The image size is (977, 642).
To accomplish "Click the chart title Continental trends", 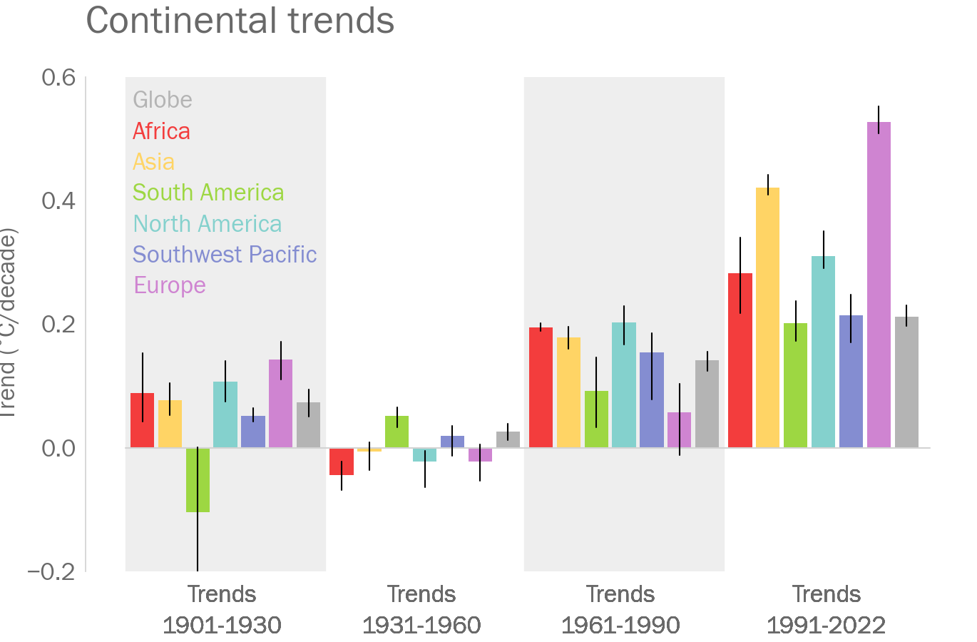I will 240,21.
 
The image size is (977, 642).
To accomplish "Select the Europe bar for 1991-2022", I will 879,285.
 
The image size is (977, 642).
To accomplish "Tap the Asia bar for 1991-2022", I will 767,317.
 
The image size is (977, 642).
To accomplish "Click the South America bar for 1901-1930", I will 198,479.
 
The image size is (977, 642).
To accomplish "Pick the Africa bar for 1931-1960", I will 342,461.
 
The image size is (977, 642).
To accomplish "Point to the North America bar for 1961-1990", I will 624,385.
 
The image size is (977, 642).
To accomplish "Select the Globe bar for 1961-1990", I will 707,404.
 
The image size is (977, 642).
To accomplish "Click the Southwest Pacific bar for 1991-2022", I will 851,382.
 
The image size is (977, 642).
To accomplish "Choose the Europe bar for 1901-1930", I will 280,404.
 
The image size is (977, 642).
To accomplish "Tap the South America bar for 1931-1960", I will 397,432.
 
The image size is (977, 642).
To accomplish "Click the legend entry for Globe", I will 163,100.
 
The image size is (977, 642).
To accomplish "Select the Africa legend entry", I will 161,131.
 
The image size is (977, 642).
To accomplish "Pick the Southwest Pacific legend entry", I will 225,255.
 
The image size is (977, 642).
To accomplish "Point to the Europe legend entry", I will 170,285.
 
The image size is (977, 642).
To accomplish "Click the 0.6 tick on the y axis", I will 58,77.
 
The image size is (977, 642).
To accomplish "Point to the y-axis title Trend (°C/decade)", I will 9,325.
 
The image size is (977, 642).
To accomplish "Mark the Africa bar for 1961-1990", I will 541,387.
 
